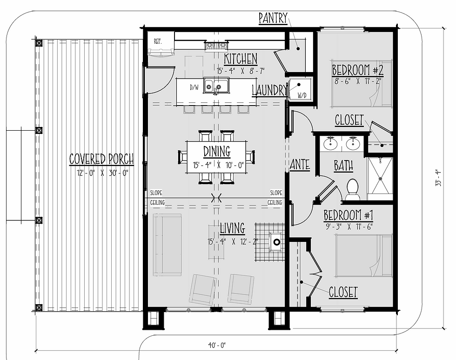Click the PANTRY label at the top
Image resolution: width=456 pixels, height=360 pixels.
(x=273, y=18)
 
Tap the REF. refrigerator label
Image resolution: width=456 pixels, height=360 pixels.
(x=158, y=41)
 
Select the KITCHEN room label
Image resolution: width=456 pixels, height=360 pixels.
(x=241, y=59)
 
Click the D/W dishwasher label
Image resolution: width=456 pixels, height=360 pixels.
(x=194, y=87)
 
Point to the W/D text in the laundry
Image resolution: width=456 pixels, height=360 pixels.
(x=302, y=95)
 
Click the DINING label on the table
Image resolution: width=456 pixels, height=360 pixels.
(x=217, y=152)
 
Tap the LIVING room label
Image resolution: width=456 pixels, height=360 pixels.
(x=232, y=228)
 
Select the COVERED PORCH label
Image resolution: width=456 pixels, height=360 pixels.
(x=101, y=159)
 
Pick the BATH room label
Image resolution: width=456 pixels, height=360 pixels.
(x=343, y=166)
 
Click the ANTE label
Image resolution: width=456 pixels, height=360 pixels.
(x=300, y=164)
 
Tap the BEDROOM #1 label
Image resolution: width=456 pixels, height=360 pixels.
(x=349, y=215)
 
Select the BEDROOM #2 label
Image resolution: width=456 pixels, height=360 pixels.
(x=358, y=70)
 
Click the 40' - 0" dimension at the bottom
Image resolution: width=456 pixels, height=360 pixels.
(x=217, y=345)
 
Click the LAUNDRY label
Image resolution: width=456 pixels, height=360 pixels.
(x=269, y=90)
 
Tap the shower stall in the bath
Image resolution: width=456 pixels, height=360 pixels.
(x=380, y=179)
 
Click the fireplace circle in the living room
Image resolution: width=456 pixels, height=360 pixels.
(x=277, y=242)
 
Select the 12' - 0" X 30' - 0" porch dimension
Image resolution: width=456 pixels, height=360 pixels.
(x=102, y=173)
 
